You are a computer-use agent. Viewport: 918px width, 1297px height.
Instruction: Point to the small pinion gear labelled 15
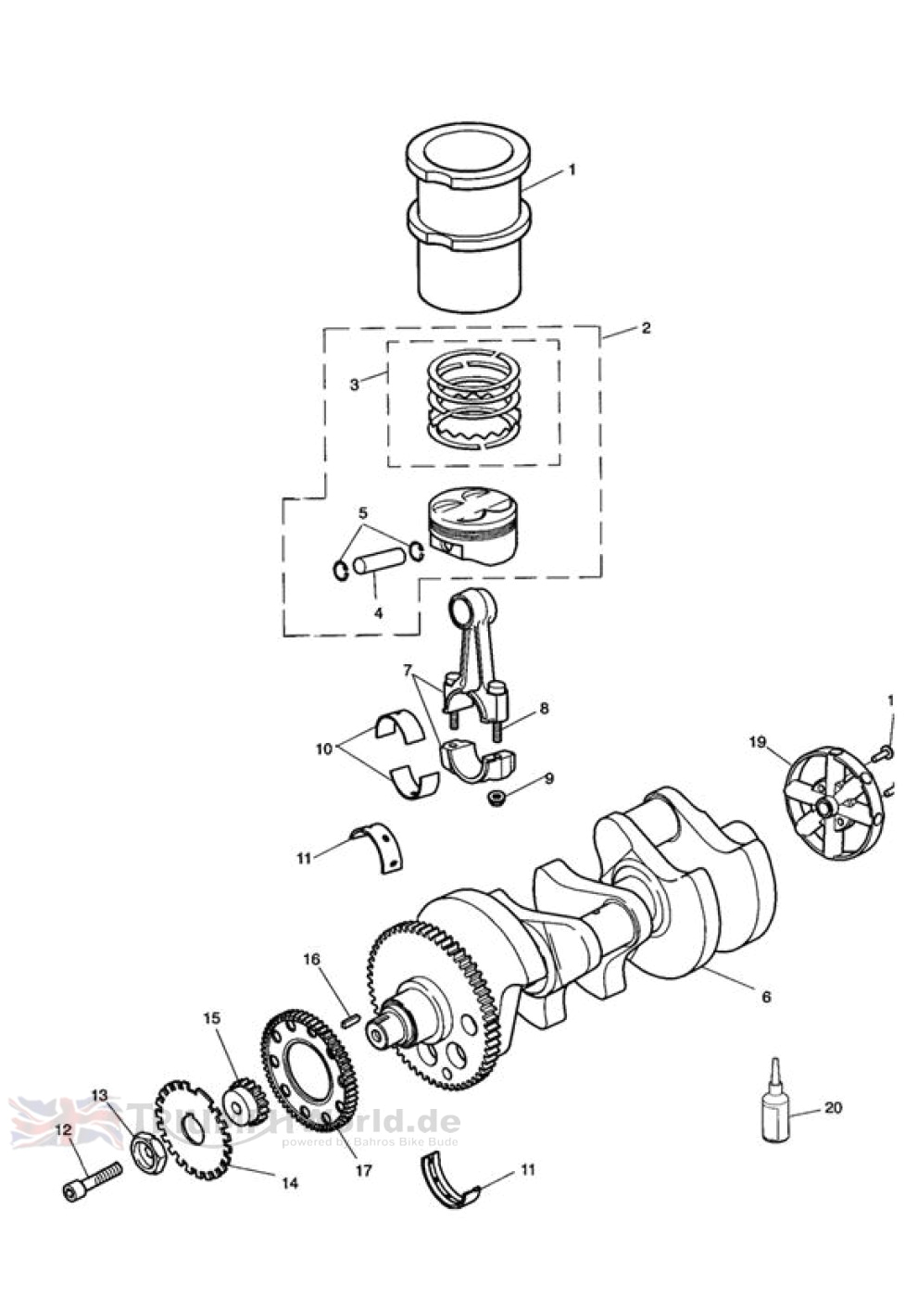pyautogui.click(x=245, y=1102)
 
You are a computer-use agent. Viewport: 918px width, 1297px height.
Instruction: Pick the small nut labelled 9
pyautogui.click(x=497, y=797)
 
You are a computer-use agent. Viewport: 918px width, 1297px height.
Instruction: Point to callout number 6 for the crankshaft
pyautogui.click(x=765, y=997)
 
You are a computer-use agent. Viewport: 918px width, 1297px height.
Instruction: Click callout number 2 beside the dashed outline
pyautogui.click(x=646, y=328)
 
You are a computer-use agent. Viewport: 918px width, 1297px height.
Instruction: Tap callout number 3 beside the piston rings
pyautogui.click(x=354, y=384)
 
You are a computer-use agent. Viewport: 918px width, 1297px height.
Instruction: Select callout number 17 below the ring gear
pyautogui.click(x=363, y=1170)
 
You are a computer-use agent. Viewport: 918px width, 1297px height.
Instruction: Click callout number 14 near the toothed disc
pyautogui.click(x=289, y=1183)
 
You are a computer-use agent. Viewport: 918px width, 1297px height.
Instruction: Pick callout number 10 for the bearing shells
pyautogui.click(x=323, y=749)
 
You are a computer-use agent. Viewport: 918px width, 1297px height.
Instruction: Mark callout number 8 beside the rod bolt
pyautogui.click(x=544, y=708)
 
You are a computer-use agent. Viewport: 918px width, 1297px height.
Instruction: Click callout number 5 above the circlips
pyautogui.click(x=362, y=512)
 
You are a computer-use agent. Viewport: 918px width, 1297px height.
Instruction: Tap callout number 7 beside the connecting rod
pyautogui.click(x=406, y=669)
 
